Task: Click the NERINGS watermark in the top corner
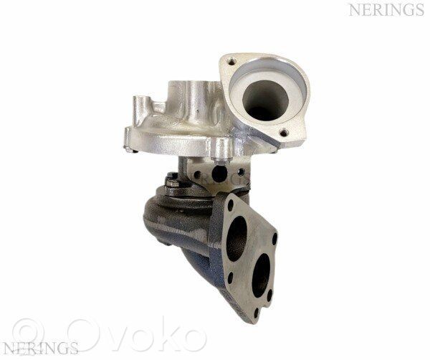click(x=386, y=10)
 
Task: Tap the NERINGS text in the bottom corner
click(x=41, y=348)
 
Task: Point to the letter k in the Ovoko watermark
click(x=159, y=333)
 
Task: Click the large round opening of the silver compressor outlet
click(x=265, y=100)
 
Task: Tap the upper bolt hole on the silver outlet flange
click(x=232, y=61)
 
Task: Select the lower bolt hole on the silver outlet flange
click(x=284, y=133)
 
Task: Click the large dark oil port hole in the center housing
click(x=220, y=174)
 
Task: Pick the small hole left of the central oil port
click(x=197, y=174)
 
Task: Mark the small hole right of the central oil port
click(x=241, y=172)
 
